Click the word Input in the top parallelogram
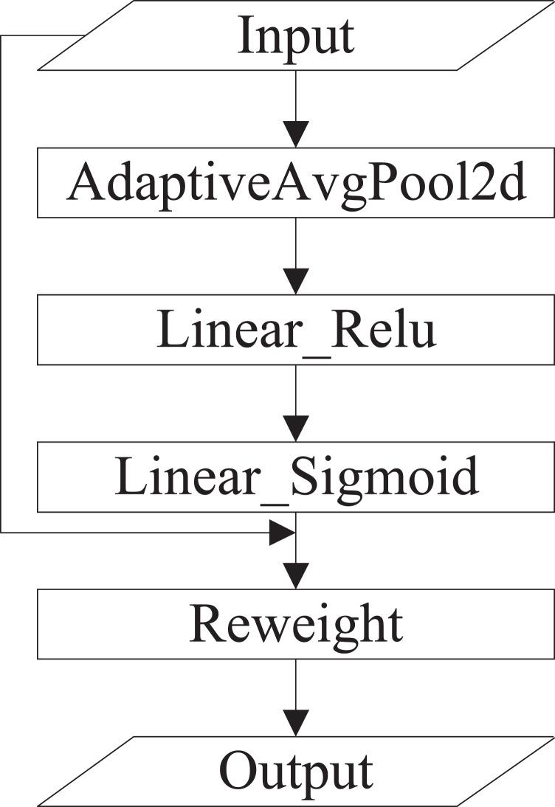tap(295, 37)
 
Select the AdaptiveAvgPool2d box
tap(295, 183)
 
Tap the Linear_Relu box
tap(295, 330)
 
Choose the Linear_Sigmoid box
tap(295, 477)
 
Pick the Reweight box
tap(295, 624)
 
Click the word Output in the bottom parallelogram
tap(295, 770)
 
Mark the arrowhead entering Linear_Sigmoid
tap(295, 428)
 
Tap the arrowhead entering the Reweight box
tap(295, 575)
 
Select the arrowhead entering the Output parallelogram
tap(295, 721)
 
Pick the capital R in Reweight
tap(207, 624)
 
